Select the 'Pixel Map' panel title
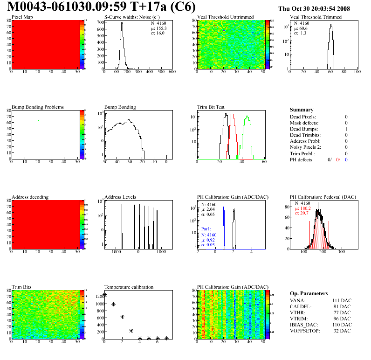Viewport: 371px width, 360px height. (x=22, y=17)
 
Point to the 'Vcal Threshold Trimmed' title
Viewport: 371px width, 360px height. (x=316, y=17)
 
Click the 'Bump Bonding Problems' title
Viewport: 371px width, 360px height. (x=38, y=107)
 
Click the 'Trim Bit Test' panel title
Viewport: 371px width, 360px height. (x=211, y=107)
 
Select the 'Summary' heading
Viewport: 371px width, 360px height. (x=302, y=110)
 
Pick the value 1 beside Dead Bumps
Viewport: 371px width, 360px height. (x=346, y=129)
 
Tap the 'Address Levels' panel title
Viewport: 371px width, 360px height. (x=120, y=197)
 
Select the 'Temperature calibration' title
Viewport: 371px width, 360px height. (x=129, y=287)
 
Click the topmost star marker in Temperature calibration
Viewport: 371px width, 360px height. (x=104, y=295)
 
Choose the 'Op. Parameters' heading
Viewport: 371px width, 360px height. (x=308, y=293)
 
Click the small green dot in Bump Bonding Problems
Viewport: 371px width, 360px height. (x=38, y=120)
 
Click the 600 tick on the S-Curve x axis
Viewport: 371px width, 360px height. (x=172, y=72)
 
